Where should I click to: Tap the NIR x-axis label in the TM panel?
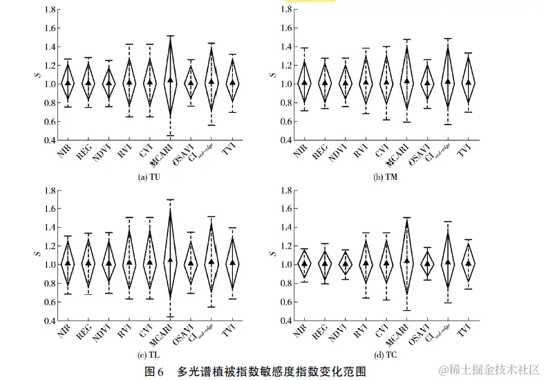tap(299, 153)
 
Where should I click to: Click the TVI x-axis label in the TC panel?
tap(465, 332)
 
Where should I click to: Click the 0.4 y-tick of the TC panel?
tap(285, 320)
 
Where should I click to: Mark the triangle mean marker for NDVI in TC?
tap(346, 263)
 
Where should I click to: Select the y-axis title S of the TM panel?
tap(274, 75)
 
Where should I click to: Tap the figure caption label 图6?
tap(153, 371)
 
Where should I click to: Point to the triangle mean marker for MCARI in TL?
tap(171, 260)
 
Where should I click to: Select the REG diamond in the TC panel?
tap(325, 264)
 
